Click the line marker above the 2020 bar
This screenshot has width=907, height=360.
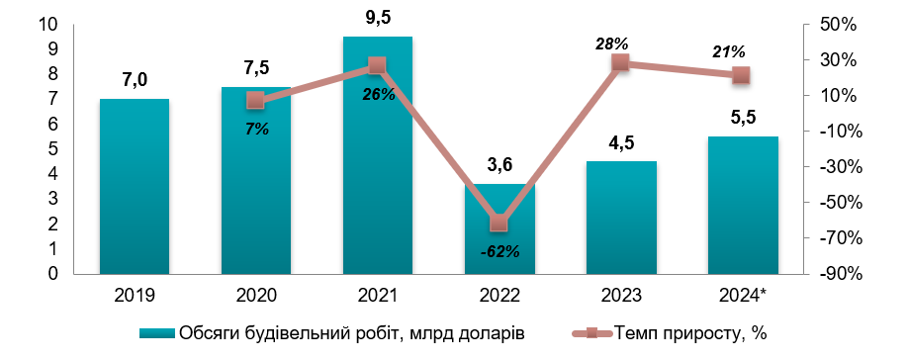[x=256, y=100]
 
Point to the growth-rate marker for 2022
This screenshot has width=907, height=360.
[x=499, y=223]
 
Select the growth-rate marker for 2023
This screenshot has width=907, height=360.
[x=620, y=62]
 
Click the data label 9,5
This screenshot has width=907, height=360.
[x=377, y=18]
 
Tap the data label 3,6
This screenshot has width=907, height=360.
[x=499, y=165]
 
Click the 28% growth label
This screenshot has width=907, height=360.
[x=612, y=44]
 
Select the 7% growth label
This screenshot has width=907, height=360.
[x=256, y=128]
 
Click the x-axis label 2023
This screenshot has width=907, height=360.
[x=620, y=295]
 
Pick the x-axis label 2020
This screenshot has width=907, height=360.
[x=256, y=295]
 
